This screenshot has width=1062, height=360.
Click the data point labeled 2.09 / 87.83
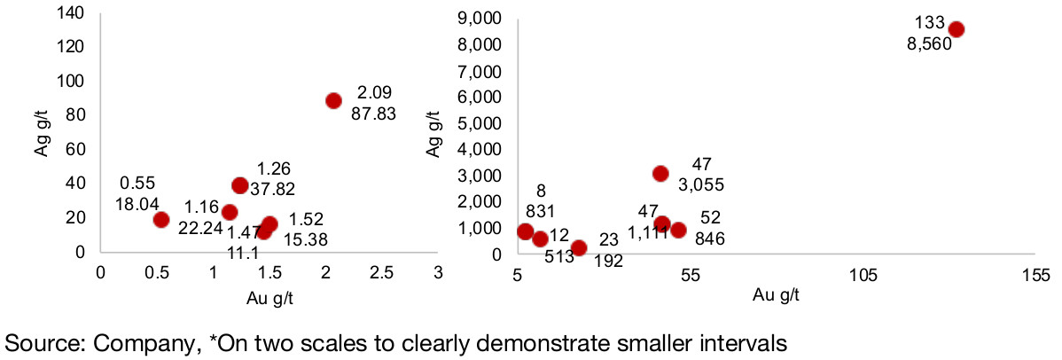click(x=333, y=100)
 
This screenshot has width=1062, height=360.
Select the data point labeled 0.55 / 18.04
click(x=160, y=220)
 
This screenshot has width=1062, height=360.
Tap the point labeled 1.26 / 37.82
click(x=239, y=185)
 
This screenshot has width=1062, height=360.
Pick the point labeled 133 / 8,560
click(x=956, y=29)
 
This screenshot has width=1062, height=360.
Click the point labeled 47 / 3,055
click(x=660, y=174)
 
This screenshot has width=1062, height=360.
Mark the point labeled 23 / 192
click(x=579, y=248)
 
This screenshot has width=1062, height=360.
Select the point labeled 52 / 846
click(x=678, y=230)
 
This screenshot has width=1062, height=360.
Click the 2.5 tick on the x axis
click(x=382, y=275)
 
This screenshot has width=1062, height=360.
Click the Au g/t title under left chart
click(x=269, y=298)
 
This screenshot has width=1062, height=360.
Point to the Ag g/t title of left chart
click(x=40, y=132)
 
